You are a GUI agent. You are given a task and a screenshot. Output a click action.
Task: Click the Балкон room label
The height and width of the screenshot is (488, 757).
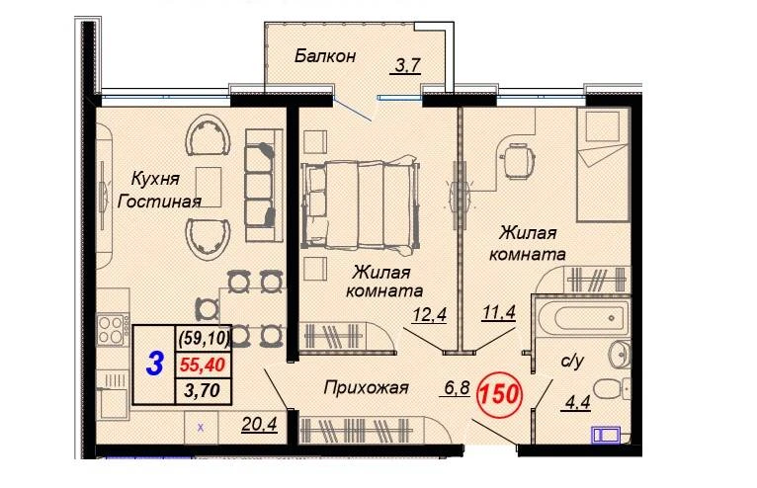(x=325, y=56)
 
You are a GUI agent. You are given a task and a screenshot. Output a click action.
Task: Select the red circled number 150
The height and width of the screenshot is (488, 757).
(x=499, y=394)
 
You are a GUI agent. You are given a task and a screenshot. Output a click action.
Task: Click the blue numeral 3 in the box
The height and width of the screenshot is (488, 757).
(x=154, y=364)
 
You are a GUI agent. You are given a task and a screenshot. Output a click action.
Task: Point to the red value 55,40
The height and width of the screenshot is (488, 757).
(x=203, y=366)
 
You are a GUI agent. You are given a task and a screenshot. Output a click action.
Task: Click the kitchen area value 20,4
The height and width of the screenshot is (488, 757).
(x=259, y=424)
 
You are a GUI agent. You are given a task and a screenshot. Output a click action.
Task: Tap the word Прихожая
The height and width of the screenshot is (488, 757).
(x=366, y=387)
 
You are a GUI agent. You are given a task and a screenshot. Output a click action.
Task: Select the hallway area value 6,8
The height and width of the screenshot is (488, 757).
(x=455, y=387)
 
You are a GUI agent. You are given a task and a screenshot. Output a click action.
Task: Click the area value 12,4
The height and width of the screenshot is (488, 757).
(x=429, y=315)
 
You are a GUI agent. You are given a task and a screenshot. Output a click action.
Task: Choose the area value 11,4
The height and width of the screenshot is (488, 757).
(x=499, y=312)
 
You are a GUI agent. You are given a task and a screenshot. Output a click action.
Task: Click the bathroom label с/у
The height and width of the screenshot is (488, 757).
(x=572, y=361)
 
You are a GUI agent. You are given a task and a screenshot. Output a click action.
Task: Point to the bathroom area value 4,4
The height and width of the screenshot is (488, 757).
(x=576, y=402)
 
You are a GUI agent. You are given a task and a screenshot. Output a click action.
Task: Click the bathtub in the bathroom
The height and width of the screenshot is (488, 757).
(x=581, y=318)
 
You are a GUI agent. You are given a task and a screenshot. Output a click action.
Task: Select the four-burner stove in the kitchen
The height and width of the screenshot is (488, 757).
(x=113, y=330)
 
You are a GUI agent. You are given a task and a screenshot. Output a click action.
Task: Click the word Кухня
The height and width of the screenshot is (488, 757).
(x=155, y=179)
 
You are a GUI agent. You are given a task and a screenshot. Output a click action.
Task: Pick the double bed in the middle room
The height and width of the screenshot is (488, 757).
(x=360, y=205)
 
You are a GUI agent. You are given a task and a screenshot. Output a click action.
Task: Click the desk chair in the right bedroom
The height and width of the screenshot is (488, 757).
(x=518, y=161)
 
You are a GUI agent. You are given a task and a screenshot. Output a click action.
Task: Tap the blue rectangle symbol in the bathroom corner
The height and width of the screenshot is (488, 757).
(x=607, y=435)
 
